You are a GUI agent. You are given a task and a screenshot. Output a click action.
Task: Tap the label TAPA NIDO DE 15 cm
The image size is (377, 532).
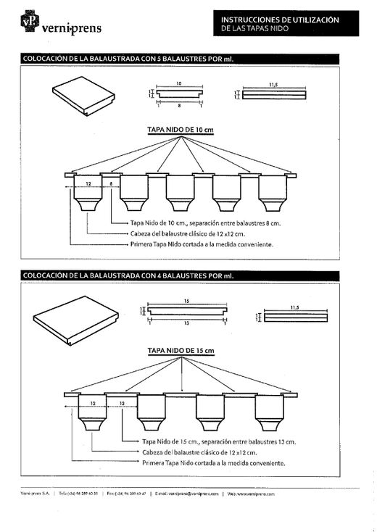tap(181, 350)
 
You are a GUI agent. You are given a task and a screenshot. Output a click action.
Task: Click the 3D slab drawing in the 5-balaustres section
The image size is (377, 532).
tap(84, 98)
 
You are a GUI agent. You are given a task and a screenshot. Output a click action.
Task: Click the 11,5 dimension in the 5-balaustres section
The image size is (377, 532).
tap(273, 85)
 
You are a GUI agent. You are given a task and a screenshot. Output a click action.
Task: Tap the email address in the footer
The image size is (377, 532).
tap(184, 493)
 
